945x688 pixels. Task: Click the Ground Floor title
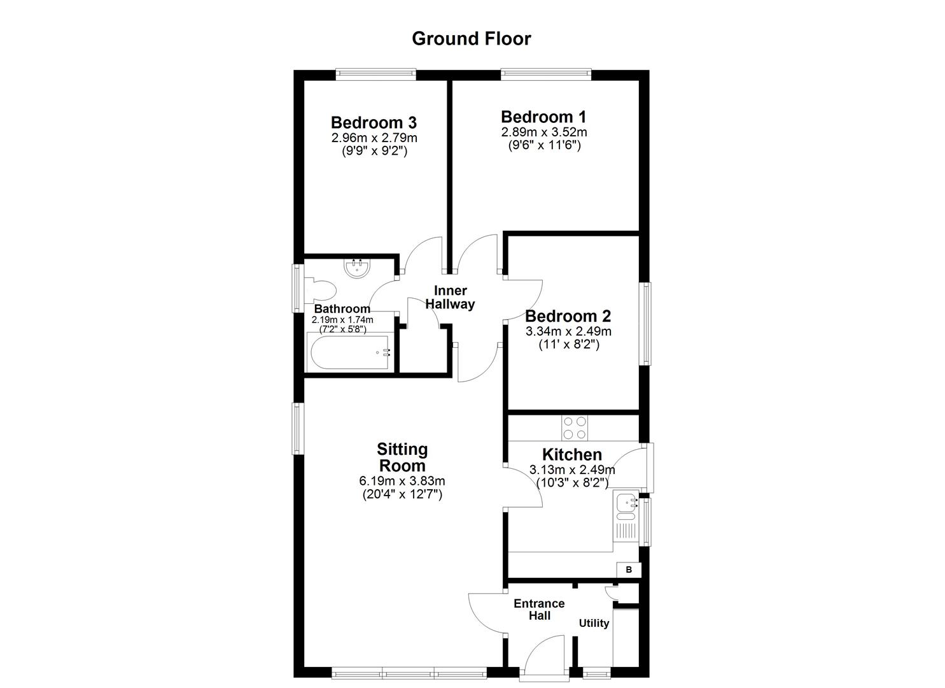tap(471, 39)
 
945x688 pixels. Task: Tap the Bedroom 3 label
tap(374, 122)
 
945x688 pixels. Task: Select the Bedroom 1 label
tap(543, 117)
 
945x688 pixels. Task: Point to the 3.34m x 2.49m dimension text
tap(568, 331)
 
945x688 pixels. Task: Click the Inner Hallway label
tap(451, 297)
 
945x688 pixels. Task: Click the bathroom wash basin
tap(357, 268)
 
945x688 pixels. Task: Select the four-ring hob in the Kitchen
tap(575, 427)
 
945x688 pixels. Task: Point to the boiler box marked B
tap(629, 570)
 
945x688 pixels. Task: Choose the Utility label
tap(594, 623)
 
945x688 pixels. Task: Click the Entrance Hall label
tap(539, 609)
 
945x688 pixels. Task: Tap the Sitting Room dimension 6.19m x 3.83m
tap(402, 481)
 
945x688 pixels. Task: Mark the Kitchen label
tap(571, 454)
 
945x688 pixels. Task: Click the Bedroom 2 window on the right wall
tap(647, 324)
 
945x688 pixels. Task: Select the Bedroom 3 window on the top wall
tap(376, 75)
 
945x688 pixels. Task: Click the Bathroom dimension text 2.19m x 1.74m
tap(342, 320)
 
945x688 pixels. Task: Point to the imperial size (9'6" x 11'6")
tap(543, 145)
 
